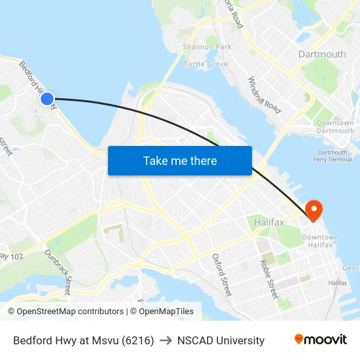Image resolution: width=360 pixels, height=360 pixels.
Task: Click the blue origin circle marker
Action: (x=47, y=99)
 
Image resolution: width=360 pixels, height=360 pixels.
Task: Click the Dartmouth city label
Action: (x=322, y=54)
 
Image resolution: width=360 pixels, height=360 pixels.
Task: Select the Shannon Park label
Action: (x=207, y=47)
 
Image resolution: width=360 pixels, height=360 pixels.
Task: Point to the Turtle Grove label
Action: (x=206, y=64)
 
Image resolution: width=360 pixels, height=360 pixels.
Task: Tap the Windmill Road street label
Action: (x=264, y=96)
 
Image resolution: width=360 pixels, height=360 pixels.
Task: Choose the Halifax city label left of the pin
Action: (x=269, y=223)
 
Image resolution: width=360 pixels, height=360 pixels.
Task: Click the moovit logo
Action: (x=321, y=340)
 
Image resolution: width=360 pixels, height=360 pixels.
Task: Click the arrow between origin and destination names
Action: (x=166, y=340)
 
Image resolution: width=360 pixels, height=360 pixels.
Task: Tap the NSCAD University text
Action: (x=221, y=340)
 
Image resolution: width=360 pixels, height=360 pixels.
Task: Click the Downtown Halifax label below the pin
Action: (x=321, y=241)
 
